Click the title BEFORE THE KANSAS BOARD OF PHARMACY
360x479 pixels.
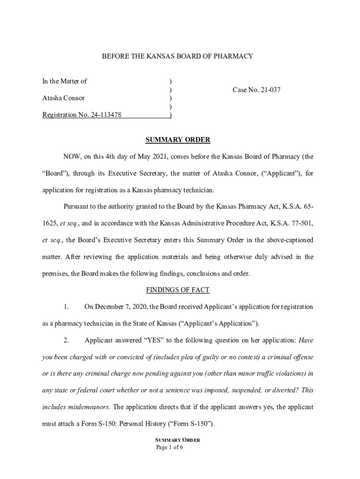pyautogui.click(x=178, y=56)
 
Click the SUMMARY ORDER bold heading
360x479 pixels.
pyautogui.click(x=178, y=140)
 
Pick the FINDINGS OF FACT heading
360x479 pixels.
pyautogui.click(x=178, y=290)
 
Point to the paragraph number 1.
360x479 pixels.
pyautogui.click(x=66, y=307)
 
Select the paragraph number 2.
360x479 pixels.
pyautogui.click(x=66, y=340)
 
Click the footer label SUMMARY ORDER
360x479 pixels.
pyautogui.click(x=178, y=440)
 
